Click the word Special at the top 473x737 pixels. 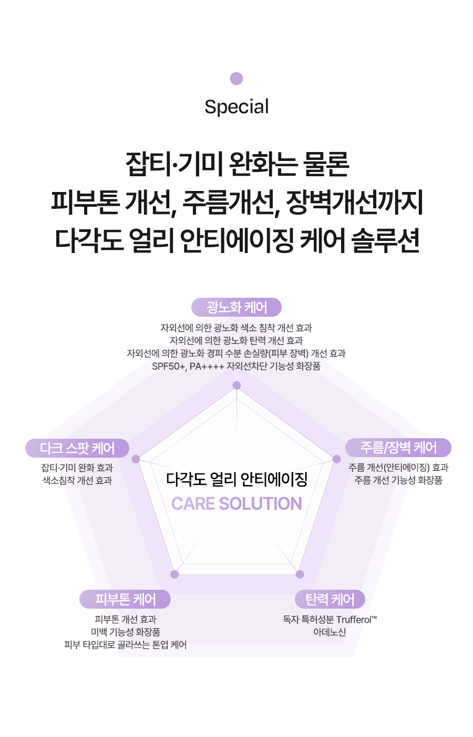236,107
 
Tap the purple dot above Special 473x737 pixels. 236,78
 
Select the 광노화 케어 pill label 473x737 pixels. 236,307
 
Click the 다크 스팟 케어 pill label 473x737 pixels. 77,448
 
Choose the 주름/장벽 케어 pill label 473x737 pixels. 398,448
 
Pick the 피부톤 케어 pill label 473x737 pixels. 125,599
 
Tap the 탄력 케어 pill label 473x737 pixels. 330,599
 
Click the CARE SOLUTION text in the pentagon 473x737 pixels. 236,503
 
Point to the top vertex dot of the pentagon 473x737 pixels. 236,385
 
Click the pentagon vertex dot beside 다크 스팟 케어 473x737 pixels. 136,459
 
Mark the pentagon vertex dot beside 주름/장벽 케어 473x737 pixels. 337,459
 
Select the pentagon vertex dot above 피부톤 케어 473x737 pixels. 174,574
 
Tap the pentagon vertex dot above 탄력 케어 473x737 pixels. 300,574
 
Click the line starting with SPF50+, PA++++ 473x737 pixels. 236,366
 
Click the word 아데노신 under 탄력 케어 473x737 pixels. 330,632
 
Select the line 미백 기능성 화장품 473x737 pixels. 126,632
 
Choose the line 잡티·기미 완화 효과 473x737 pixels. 77,468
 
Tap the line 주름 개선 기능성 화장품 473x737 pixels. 398,480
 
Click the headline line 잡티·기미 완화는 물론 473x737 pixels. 236,164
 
